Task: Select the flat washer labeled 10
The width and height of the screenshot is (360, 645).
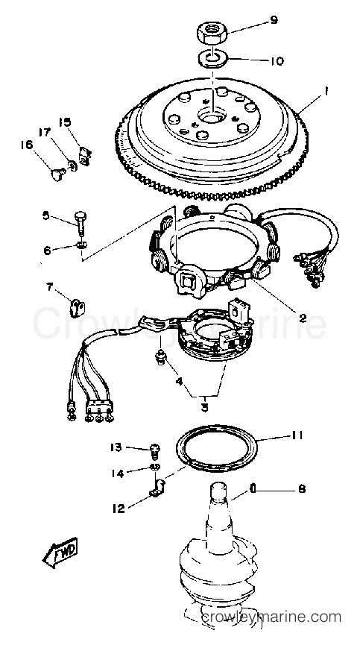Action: (212, 58)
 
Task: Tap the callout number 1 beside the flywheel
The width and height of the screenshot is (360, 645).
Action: (326, 93)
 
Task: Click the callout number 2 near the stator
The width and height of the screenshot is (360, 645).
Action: (303, 317)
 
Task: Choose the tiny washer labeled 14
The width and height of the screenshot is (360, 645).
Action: (155, 467)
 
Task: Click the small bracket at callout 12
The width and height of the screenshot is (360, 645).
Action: (158, 488)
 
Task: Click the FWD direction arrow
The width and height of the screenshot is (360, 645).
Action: (60, 554)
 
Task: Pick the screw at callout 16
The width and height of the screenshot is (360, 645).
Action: (57, 174)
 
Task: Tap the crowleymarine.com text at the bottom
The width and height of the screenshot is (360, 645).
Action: (271, 617)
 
